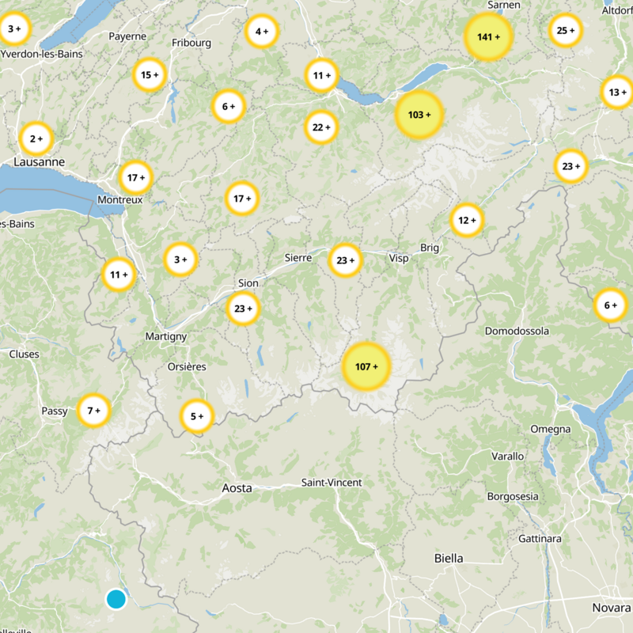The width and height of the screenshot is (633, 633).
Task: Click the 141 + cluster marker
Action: pyautogui.click(x=488, y=37)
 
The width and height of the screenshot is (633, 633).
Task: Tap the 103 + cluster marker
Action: pyautogui.click(x=419, y=115)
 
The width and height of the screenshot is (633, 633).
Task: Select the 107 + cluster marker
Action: pyautogui.click(x=366, y=366)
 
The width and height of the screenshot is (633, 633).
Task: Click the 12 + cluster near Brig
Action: pyautogui.click(x=467, y=220)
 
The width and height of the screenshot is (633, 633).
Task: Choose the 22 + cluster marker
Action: pyautogui.click(x=321, y=127)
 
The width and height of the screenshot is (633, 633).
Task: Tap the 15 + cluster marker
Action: pyautogui.click(x=150, y=75)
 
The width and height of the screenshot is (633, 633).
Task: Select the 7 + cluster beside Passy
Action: pyautogui.click(x=94, y=410)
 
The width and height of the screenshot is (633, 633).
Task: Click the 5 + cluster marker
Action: pyautogui.click(x=196, y=415)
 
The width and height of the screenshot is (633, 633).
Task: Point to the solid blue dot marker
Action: pyautogui.click(x=116, y=599)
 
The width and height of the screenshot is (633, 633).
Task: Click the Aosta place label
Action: pyautogui.click(x=237, y=488)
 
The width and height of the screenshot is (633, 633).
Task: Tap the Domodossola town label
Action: pyautogui.click(x=517, y=331)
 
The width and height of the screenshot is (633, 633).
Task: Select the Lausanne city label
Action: pyautogui.click(x=39, y=161)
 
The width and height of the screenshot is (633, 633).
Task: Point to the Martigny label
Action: pyautogui.click(x=166, y=337)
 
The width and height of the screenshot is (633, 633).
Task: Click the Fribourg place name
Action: pyautogui.click(x=192, y=42)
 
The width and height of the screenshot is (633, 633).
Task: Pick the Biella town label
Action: pyautogui.click(x=449, y=558)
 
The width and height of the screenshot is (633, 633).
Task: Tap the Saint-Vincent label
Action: pyautogui.click(x=332, y=483)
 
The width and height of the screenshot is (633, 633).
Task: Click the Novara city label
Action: pyautogui.click(x=611, y=608)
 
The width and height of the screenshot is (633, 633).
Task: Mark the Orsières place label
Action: pyautogui.click(x=188, y=366)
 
